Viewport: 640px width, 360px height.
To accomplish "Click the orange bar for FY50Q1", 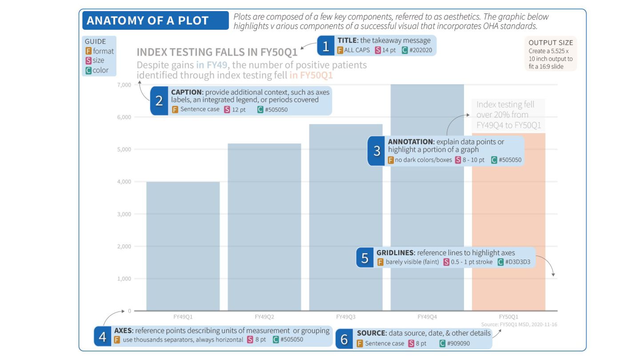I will [x=508, y=222].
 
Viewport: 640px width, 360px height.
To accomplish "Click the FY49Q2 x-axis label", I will [x=264, y=317].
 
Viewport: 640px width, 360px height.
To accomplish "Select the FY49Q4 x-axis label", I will [x=427, y=317].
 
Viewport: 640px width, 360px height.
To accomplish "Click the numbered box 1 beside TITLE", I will [x=326, y=46].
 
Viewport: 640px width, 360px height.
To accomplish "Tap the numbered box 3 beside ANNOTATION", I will [x=377, y=151].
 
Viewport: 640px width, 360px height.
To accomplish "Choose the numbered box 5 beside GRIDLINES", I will [x=365, y=258].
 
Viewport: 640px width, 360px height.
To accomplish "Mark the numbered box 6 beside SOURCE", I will [x=344, y=339].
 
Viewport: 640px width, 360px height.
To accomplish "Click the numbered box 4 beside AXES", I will [x=102, y=337].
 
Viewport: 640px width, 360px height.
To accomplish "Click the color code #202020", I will [x=421, y=50].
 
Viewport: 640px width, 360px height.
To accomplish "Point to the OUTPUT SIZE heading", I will [x=551, y=43].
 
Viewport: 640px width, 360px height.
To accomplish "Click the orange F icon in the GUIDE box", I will [x=88, y=51].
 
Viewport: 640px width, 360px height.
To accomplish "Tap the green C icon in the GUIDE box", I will [x=88, y=70].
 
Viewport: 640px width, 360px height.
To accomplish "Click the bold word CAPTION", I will [x=186, y=92].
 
